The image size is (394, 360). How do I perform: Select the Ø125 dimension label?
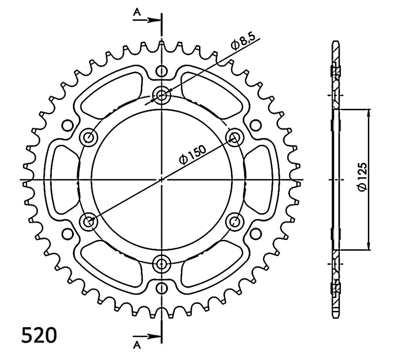[363, 177]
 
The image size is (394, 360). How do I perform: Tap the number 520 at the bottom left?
[39, 334]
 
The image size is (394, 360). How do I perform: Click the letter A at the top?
[137, 12]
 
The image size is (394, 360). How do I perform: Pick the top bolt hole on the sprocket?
[162, 96]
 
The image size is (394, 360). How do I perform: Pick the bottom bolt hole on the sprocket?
[162, 264]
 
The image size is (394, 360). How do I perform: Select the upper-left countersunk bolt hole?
[89, 137]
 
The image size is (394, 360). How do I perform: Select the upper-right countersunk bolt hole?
[235, 137]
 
